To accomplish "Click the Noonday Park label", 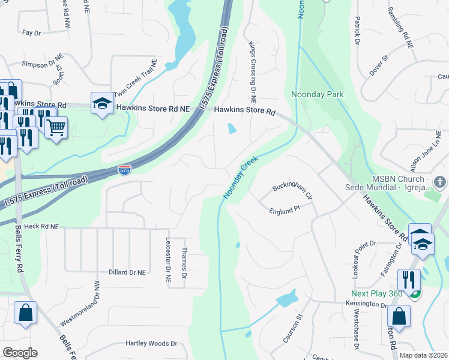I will coord(317,94).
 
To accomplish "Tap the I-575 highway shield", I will coord(124,170).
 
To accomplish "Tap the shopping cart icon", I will coord(56,127).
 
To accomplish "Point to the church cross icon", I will coord(439,181).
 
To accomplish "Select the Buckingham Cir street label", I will coord(293,191).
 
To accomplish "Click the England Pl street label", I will coord(285,211).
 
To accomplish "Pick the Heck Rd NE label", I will coord(41,227).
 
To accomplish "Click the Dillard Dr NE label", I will coord(127,272).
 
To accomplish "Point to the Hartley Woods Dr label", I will coord(151,344).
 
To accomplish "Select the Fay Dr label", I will coord(30,33).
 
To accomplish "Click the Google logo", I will coord(20,353).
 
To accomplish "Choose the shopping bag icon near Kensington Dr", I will coord(399,316).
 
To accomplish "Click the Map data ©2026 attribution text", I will coord(423,355).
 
